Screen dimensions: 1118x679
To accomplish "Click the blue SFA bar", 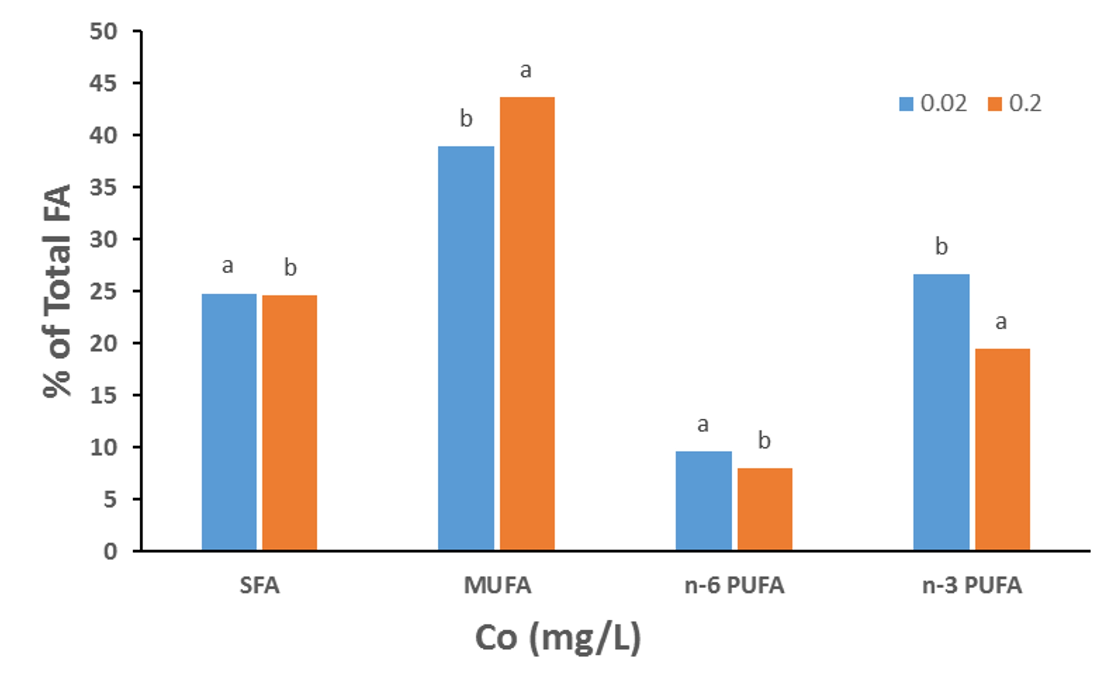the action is [229, 422].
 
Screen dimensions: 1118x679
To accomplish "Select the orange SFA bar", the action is [289, 423].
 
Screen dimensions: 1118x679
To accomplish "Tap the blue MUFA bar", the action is [466, 348].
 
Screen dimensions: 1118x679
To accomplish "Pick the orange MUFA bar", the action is [527, 324].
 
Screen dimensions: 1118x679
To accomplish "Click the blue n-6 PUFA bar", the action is [704, 501].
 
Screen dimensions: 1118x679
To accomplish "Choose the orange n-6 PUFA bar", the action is [765, 509].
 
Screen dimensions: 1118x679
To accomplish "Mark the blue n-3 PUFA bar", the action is [942, 412].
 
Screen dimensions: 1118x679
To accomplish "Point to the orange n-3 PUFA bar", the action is [1003, 450].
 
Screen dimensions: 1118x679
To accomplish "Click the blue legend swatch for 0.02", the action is [906, 104].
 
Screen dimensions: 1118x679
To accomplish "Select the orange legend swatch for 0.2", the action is [995, 104].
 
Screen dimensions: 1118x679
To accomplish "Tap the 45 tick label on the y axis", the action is [103, 83].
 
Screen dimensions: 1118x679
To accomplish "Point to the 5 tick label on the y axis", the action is [111, 499].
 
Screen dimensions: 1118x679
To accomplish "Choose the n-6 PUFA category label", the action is [734, 586].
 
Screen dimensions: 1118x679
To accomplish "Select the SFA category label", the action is [259, 586].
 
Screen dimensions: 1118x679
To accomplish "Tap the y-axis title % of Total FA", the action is [58, 291].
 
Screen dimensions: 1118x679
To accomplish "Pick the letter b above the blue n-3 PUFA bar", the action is [942, 246].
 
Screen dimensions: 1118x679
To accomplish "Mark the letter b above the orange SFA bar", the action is [290, 267].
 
